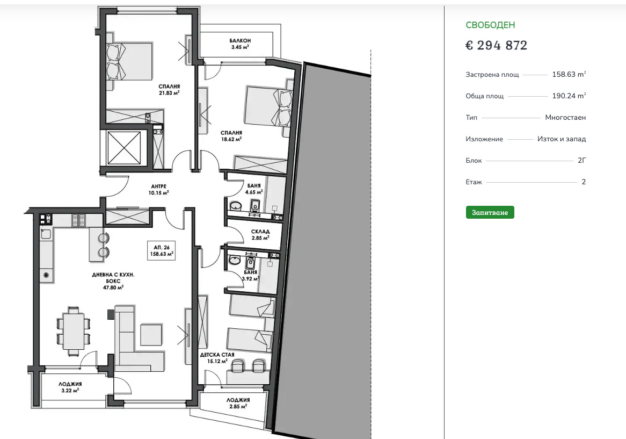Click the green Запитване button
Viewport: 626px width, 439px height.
coord(490,212)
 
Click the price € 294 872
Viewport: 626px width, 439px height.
coord(496,46)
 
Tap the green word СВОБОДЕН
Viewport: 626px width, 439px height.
coord(490,25)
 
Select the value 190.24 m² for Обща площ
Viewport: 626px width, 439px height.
coord(569,96)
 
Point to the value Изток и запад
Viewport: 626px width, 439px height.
coord(562,139)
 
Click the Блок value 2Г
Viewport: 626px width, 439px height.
coord(581,161)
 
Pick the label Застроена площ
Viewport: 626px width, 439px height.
coord(492,75)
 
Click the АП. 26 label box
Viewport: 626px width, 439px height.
coord(161,250)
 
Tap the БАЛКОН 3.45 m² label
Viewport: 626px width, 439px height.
coord(240,44)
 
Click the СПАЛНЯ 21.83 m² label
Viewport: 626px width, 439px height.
coord(169,90)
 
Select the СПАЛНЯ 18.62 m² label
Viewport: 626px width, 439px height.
coord(231,136)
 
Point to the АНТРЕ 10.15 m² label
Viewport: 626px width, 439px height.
coord(158,189)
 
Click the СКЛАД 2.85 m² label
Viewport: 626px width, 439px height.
coord(260,234)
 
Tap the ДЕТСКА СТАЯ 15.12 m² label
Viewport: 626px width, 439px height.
coord(217,358)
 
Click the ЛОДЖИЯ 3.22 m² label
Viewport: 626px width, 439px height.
coord(70,387)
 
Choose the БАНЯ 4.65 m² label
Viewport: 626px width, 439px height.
coord(254,189)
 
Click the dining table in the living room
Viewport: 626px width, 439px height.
coord(73,331)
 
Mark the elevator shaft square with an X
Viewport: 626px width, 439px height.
coord(124,148)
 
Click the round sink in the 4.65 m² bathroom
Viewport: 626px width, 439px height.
coord(236,206)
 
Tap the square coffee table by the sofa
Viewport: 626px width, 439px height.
coord(151,335)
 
